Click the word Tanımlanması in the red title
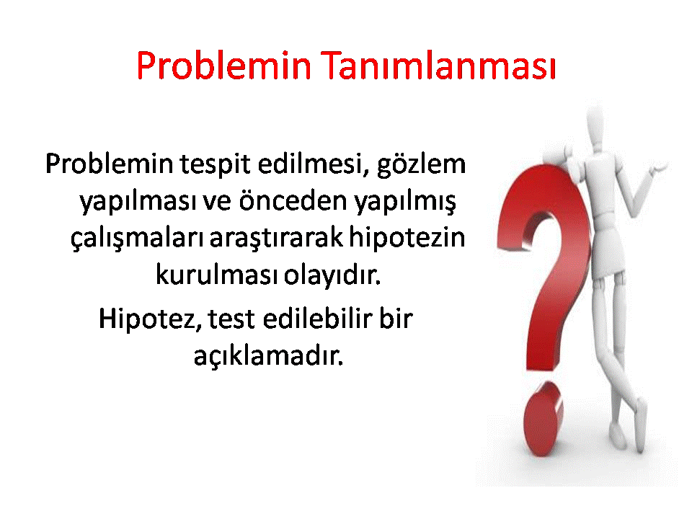440,66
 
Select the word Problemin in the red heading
224,66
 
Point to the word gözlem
422,165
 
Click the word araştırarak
276,237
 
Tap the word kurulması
217,274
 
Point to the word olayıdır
332,275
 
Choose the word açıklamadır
268,355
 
